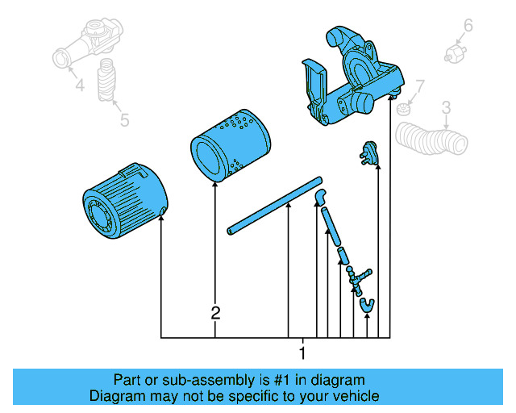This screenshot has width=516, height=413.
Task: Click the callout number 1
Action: [x=302, y=353]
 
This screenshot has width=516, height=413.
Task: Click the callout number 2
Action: [x=215, y=313]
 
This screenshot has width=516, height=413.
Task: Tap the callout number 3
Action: [x=446, y=106]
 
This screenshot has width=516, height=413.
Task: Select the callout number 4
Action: [x=79, y=85]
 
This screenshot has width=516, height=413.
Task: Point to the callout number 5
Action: [x=124, y=120]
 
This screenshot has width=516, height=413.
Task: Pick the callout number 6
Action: [x=467, y=25]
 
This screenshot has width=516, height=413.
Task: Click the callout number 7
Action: [x=419, y=86]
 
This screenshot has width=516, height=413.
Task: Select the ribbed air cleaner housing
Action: [x=124, y=202]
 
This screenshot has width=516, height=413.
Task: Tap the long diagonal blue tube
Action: [x=274, y=206]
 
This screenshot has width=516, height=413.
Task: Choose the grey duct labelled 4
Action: [x=85, y=47]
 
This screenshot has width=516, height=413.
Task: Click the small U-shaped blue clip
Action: [x=368, y=304]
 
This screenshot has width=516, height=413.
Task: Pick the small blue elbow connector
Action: [x=320, y=194]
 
